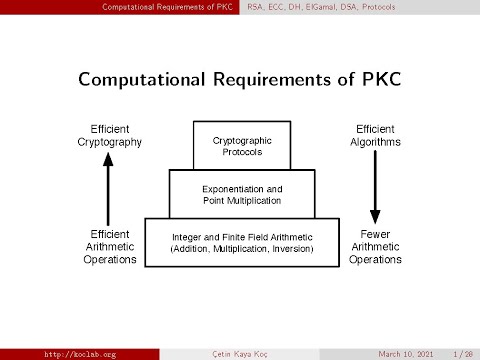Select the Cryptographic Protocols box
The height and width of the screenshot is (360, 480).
click(x=242, y=146)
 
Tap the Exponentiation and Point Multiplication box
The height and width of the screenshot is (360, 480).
click(x=242, y=194)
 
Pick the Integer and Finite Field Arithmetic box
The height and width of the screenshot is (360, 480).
click(x=242, y=242)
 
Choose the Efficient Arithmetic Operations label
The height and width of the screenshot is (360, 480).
click(x=110, y=246)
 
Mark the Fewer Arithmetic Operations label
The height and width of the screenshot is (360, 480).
click(x=375, y=246)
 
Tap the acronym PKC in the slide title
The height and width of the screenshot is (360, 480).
click(x=381, y=78)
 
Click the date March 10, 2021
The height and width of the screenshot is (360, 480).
click(x=406, y=354)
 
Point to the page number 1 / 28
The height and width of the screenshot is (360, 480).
click(x=463, y=354)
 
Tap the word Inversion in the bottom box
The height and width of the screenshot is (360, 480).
click(x=289, y=248)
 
